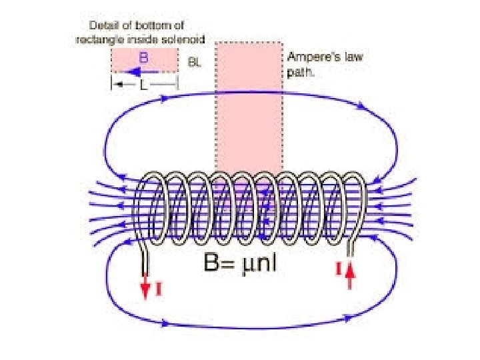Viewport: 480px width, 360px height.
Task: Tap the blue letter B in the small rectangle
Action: pyautogui.click(x=143, y=57)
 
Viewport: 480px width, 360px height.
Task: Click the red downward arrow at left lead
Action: pyautogui.click(x=145, y=285)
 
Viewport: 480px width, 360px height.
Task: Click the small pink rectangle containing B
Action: pyautogui.click(x=144, y=61)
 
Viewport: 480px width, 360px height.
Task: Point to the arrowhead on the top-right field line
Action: pyautogui.click(x=361, y=105)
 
